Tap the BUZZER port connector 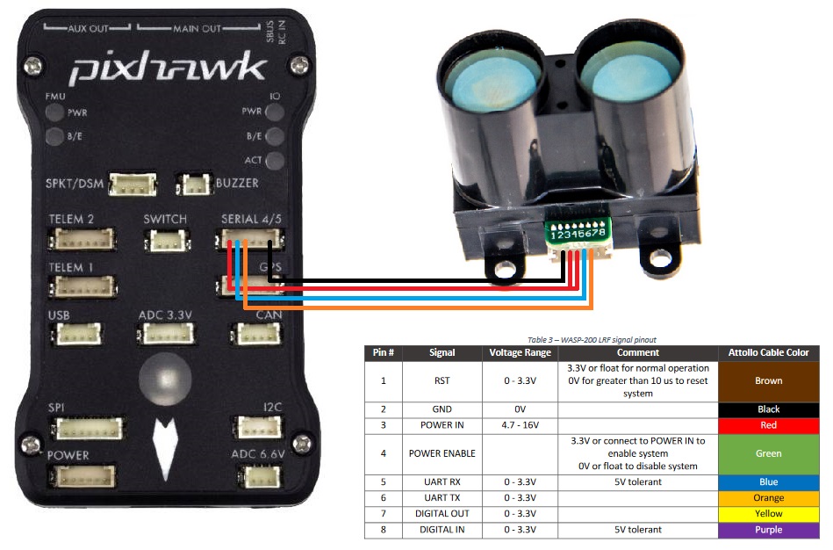(193, 185)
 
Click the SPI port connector (86, 428)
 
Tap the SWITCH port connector (164, 240)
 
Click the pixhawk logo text (167, 68)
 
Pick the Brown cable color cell (768, 381)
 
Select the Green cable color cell (768, 453)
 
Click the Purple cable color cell (768, 530)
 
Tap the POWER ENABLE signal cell (442, 453)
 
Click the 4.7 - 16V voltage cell (520, 425)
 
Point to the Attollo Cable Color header (768, 352)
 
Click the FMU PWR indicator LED (54, 112)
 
